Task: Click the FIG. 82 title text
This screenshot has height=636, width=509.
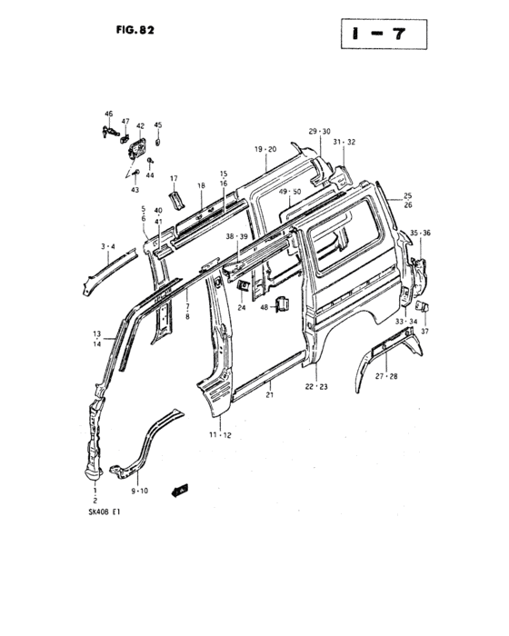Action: pyautogui.click(x=134, y=26)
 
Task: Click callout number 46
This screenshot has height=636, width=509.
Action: pyautogui.click(x=108, y=114)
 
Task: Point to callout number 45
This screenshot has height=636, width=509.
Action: pyautogui.click(x=157, y=124)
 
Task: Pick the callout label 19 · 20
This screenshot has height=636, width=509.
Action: pyautogui.click(x=265, y=148)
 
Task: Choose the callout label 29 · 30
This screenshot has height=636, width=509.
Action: pyautogui.click(x=319, y=132)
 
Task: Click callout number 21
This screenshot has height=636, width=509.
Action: pyautogui.click(x=269, y=395)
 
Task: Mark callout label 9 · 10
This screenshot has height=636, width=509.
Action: pyautogui.click(x=139, y=492)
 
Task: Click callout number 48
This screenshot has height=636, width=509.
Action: pyautogui.click(x=266, y=307)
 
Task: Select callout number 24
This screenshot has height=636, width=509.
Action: pyautogui.click(x=243, y=307)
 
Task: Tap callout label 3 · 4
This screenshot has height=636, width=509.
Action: pyautogui.click(x=108, y=246)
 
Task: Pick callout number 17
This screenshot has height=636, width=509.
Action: pyautogui.click(x=174, y=178)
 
